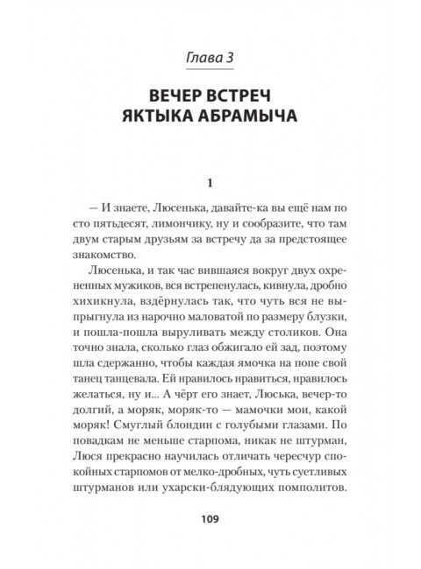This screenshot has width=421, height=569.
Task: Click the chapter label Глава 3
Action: (210, 59)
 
